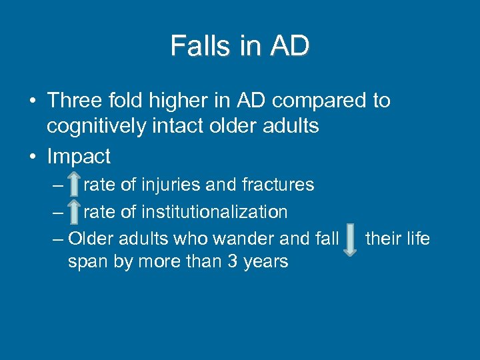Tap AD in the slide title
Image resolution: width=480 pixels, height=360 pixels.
[289, 46]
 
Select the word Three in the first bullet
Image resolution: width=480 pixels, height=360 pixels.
[75, 101]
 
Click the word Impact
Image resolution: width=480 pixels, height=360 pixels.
[79, 157]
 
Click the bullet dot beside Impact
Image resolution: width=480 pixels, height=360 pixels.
[32, 157]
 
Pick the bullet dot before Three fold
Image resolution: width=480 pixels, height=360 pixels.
[32, 101]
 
